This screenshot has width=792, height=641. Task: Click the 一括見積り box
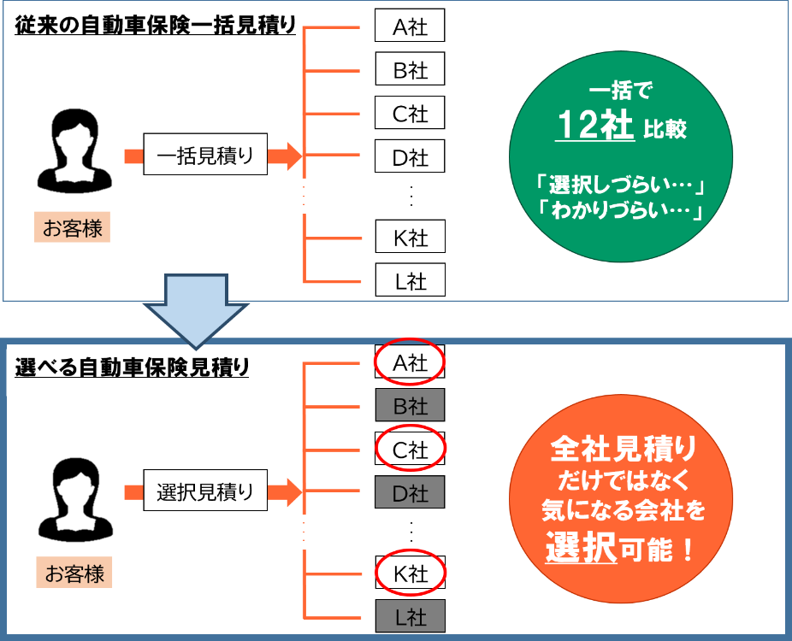click(205, 156)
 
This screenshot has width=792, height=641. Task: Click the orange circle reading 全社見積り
click(622, 498)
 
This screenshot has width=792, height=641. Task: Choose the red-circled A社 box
click(410, 363)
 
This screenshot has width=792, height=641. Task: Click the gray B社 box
click(410, 405)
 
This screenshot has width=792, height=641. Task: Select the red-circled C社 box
click(410, 449)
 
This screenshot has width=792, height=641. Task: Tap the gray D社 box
click(410, 492)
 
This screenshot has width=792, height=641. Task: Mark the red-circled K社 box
click(410, 573)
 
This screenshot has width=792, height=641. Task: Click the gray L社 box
click(410, 615)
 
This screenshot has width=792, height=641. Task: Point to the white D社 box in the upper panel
click(410, 157)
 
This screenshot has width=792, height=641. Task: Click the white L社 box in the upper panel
click(410, 280)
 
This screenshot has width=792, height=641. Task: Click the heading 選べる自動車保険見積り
click(133, 368)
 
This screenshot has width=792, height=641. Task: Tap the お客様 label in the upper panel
click(73, 229)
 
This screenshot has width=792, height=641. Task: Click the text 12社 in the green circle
click(594, 126)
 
